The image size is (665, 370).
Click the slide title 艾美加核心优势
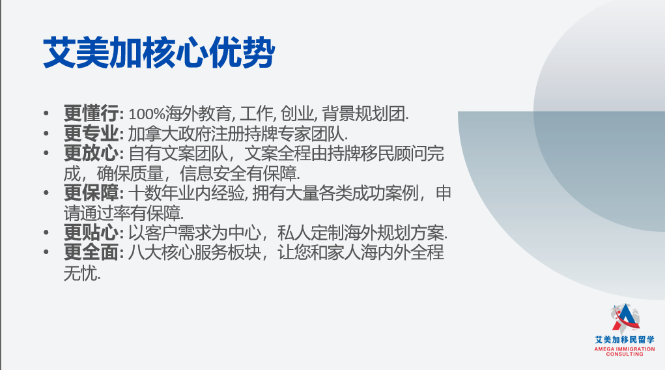pos(159,53)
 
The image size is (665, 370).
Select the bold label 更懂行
pos(91,114)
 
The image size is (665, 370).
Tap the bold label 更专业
pos(91,134)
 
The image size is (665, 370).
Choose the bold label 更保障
pos(91,193)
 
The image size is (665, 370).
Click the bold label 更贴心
pos(91,233)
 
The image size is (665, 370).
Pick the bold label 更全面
pos(91,253)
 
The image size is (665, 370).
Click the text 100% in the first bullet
pos(147,114)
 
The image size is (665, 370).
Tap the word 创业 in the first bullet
pos(297,114)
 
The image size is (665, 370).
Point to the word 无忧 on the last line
pos(81,273)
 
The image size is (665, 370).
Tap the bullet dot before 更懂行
pos(46,114)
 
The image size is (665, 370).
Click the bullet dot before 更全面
pos(46,253)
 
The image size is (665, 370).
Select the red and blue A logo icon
pos(625,319)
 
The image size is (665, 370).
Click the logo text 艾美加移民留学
pos(625,340)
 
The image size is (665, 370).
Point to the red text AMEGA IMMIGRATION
pos(625,349)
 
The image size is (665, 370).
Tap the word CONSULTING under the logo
pos(625,354)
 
